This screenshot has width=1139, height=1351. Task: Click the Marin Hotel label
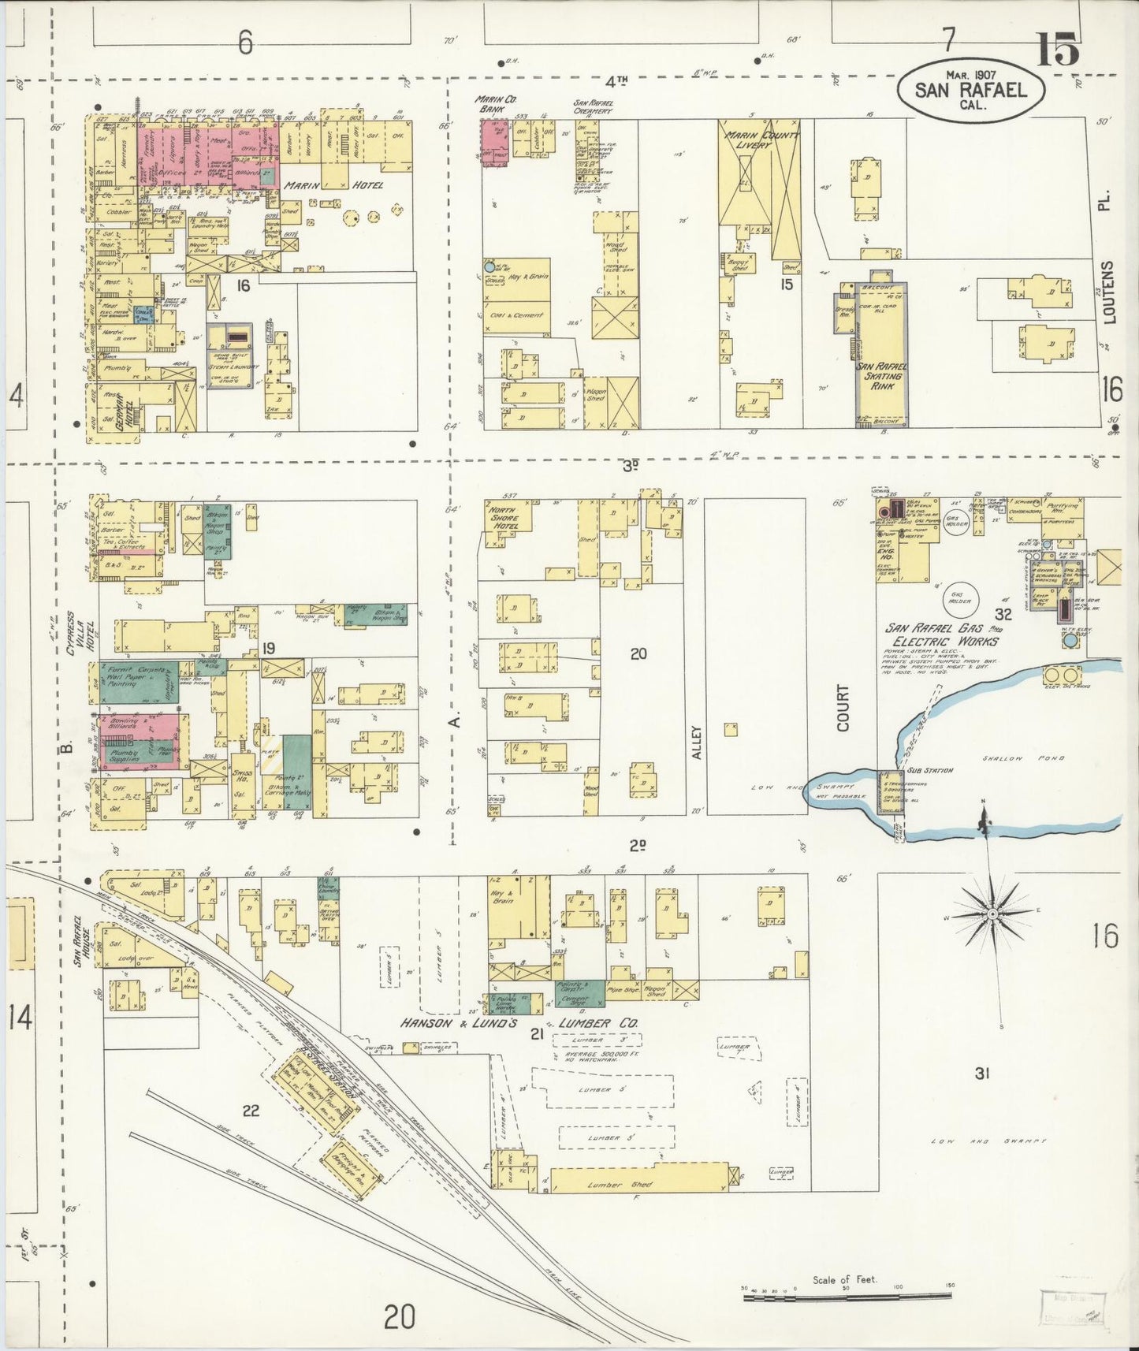pyautogui.click(x=333, y=185)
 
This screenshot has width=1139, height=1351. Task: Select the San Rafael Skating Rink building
pyautogui.click(x=882, y=355)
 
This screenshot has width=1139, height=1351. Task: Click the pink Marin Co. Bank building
pyautogui.click(x=494, y=142)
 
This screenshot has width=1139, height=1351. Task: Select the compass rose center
pyautogui.click(x=992, y=913)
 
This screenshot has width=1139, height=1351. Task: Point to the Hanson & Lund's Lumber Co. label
pyautogui.click(x=520, y=1023)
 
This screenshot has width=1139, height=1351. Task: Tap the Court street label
pyautogui.click(x=843, y=707)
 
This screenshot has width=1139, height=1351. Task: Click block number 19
pyautogui.click(x=269, y=648)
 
